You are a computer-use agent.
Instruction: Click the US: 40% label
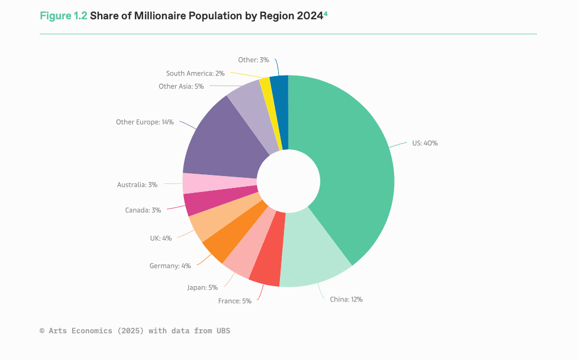tap(425, 144)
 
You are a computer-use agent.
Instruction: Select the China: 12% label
tap(346, 299)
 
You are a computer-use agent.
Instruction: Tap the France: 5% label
tap(234, 301)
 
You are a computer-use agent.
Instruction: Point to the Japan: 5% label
tap(202, 287)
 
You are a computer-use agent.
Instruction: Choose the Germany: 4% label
tap(170, 266)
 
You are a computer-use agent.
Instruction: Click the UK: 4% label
tap(161, 238)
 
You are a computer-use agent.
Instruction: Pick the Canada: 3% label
tap(143, 210)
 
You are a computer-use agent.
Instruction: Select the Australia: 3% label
tap(137, 185)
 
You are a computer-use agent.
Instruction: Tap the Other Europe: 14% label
tap(144, 122)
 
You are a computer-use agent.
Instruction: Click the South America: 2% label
tap(195, 73)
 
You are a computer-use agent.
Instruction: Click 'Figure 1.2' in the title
tap(64, 16)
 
